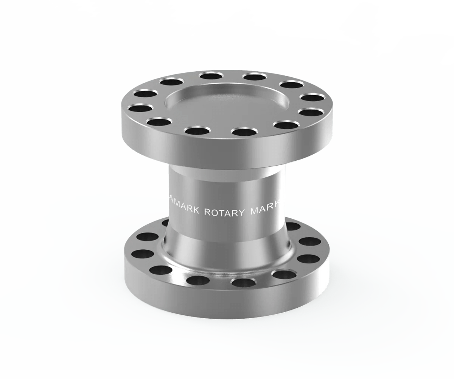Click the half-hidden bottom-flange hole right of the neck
[x=292, y=226]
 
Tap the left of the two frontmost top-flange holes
[x=197, y=131]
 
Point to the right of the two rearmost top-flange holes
[x=254, y=77]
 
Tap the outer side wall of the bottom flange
[x=227, y=299]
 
